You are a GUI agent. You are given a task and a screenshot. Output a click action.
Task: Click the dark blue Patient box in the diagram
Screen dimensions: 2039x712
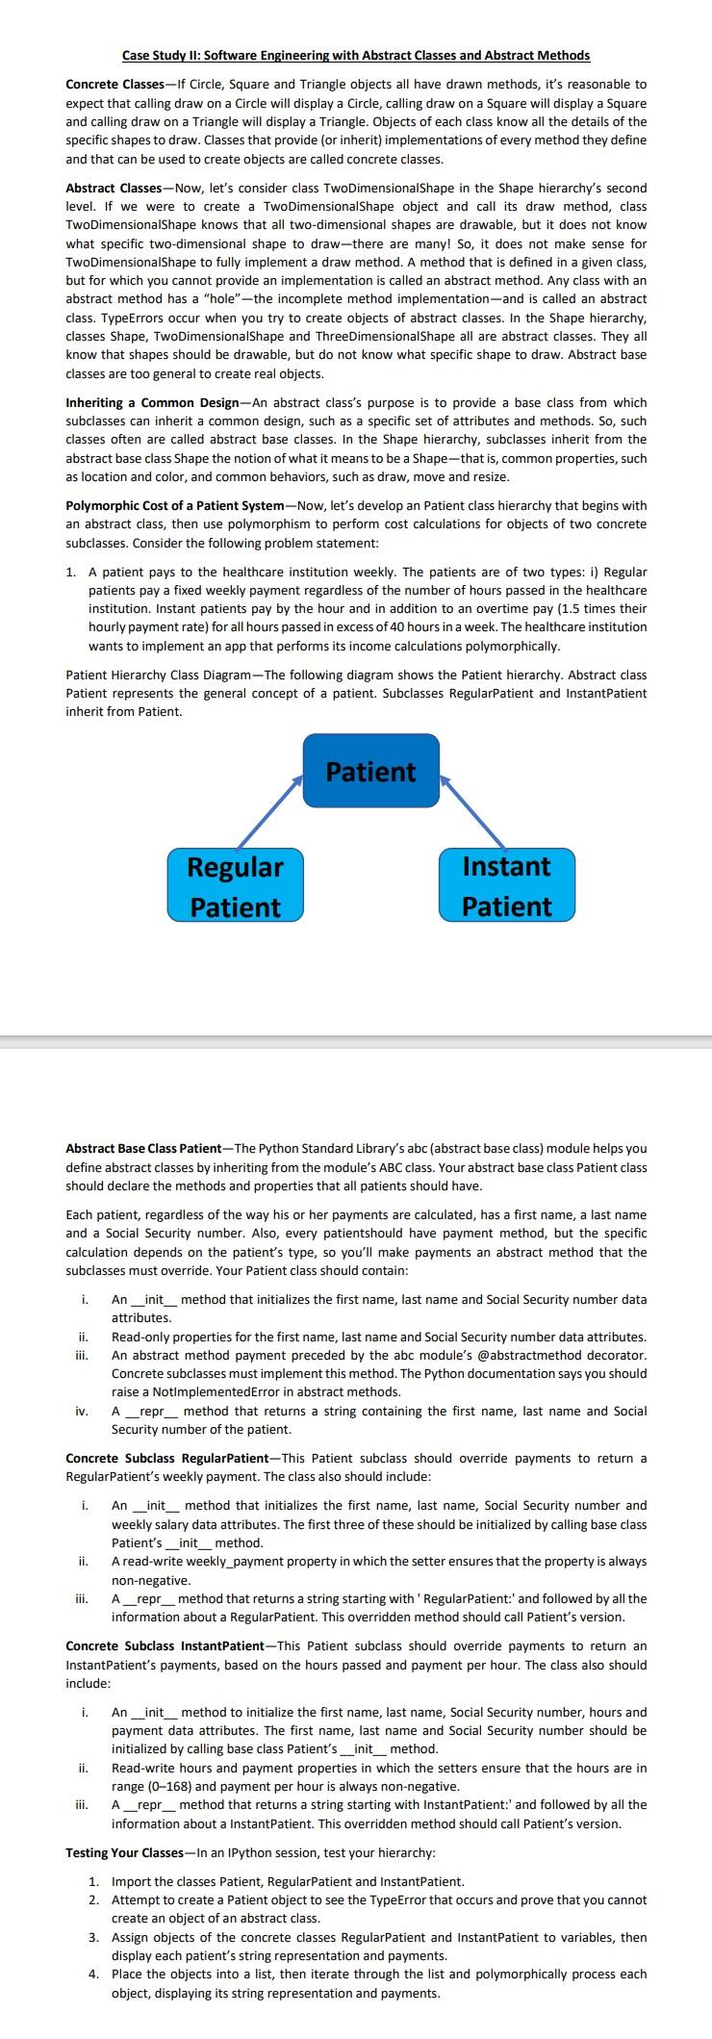[x=371, y=771]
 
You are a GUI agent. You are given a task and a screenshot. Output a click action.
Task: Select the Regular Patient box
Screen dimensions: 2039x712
[x=235, y=885]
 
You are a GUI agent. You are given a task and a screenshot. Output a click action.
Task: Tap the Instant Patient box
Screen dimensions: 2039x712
[x=507, y=885]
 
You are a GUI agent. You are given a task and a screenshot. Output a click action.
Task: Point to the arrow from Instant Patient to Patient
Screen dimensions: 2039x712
[x=473, y=813]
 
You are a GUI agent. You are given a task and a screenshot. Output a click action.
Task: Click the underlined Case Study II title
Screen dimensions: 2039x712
[x=356, y=56]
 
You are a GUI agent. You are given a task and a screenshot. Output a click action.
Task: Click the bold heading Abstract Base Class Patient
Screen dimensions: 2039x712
[x=142, y=1148]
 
